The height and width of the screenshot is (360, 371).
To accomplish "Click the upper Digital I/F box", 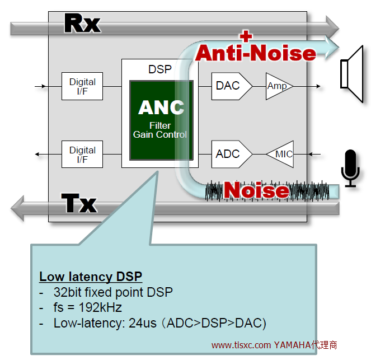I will (x=82, y=86).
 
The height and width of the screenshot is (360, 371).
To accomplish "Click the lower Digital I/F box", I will (x=82, y=154).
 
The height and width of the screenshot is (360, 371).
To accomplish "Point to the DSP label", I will (x=160, y=69).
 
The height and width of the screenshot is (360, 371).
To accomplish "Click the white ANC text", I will (x=161, y=107).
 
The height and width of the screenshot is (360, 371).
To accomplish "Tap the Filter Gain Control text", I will (x=160, y=130).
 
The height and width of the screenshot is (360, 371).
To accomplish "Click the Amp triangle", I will (x=278, y=86).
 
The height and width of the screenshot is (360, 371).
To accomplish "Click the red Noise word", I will (x=256, y=191).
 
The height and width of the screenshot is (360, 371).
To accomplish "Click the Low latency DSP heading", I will (x=90, y=277).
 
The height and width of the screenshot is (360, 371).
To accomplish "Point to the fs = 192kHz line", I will (x=88, y=307).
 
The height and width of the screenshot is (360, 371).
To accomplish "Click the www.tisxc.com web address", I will (x=242, y=345).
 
